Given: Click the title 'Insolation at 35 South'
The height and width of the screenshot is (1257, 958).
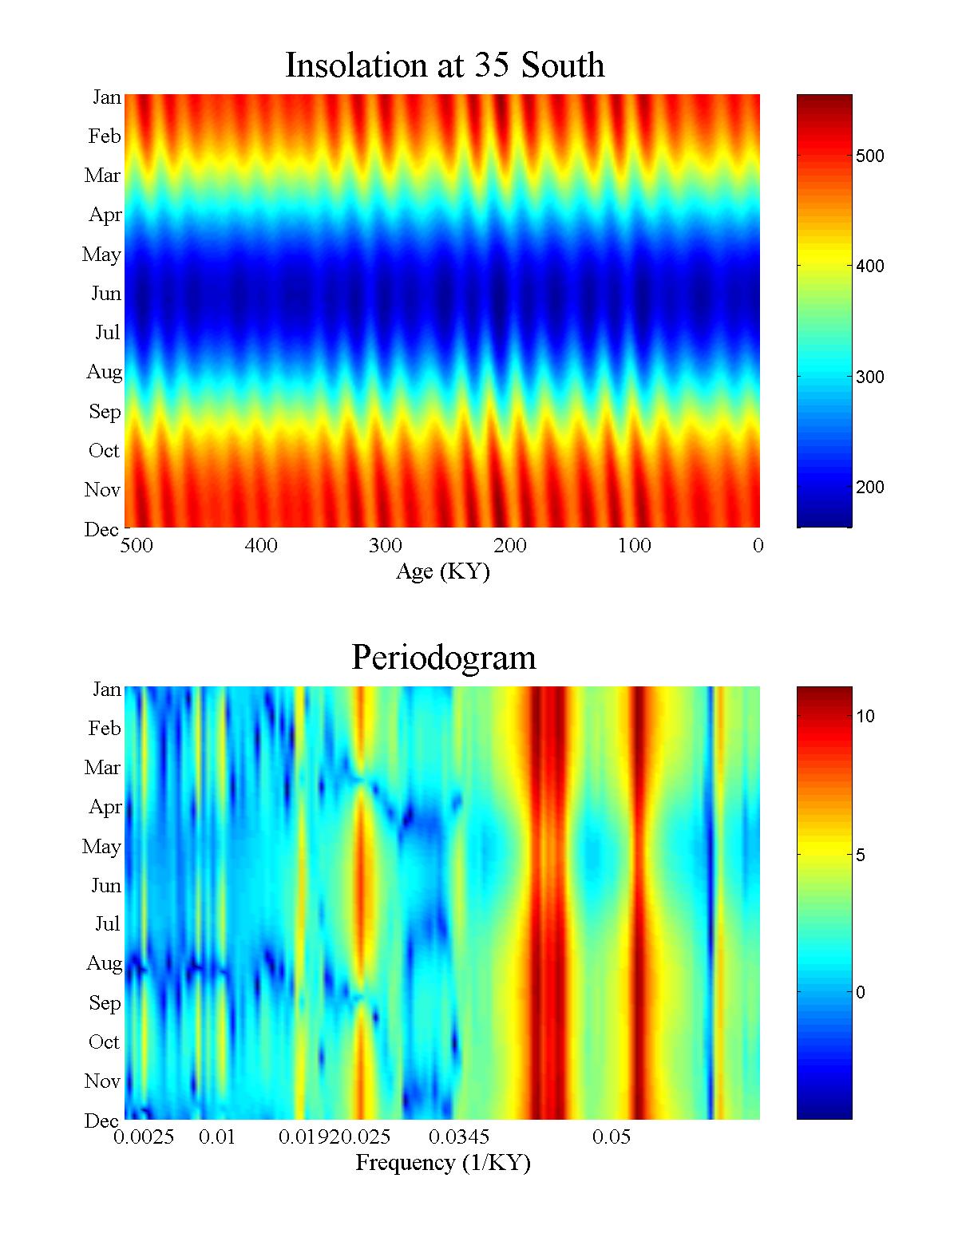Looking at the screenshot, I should click(445, 65).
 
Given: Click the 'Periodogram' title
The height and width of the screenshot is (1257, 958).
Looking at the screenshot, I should click(444, 658).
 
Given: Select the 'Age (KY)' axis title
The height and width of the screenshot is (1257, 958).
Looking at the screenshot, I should click(442, 571).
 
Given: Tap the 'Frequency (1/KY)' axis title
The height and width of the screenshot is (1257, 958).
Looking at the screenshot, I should click(442, 1163).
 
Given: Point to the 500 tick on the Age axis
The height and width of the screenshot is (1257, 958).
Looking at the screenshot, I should click(137, 546).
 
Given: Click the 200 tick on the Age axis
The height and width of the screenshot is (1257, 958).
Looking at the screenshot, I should click(510, 546).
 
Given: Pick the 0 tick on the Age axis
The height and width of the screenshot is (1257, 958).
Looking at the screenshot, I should click(758, 546).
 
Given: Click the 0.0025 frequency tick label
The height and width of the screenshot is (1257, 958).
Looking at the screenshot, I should click(144, 1137).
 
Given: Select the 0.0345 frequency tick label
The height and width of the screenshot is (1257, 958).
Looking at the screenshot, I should click(459, 1137).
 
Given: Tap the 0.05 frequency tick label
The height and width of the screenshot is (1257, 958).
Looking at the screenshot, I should click(612, 1137).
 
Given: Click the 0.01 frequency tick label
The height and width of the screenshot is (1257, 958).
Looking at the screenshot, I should click(217, 1137).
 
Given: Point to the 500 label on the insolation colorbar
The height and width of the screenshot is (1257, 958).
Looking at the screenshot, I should click(869, 156).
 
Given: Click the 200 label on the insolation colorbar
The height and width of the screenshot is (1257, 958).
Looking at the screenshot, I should click(869, 488).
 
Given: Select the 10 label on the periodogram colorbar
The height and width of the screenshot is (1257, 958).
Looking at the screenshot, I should click(865, 717).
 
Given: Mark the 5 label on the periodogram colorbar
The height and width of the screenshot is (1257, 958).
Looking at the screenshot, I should click(861, 856).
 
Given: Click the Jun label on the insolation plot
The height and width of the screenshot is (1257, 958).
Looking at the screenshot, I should click(105, 294).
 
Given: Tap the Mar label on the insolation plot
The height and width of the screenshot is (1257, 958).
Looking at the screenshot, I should click(102, 176).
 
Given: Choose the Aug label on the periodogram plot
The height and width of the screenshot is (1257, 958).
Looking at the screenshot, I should click(104, 963).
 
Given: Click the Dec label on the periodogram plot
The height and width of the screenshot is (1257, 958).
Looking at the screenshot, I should click(102, 1121).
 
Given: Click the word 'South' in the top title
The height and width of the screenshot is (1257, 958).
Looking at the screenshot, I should click(563, 65).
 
